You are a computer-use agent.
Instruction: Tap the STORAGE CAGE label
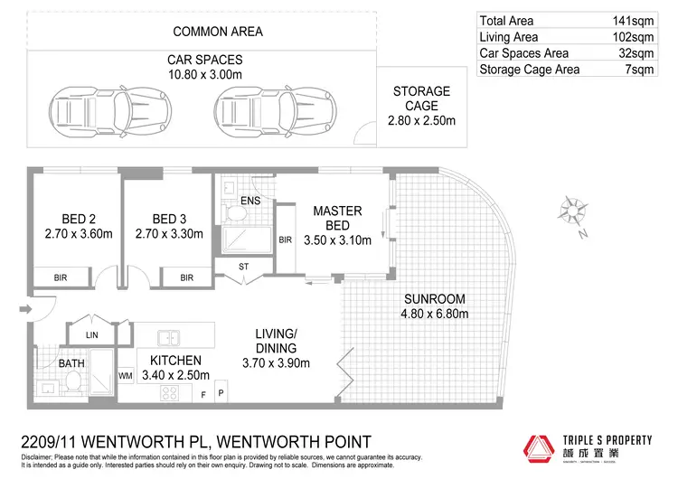pos(421,99)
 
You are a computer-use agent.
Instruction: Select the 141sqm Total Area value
pos(629,21)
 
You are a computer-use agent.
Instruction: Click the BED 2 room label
pos(80,220)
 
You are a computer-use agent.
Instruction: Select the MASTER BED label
pos(337,218)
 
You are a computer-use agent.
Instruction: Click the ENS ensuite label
pos(250,200)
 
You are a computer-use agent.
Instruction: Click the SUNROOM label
pos(435,299)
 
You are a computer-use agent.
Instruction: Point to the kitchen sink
pos(169,339)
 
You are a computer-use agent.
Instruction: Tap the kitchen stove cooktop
pos(168,392)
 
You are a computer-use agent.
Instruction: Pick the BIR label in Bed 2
pos(61,277)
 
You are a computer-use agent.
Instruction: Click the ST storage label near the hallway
pos(244,267)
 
